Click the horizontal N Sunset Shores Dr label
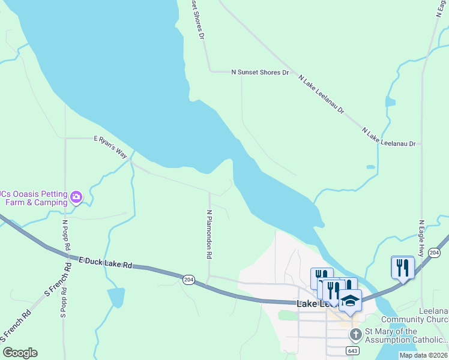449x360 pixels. (260, 72)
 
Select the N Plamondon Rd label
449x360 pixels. (209, 234)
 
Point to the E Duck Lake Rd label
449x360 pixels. (106, 263)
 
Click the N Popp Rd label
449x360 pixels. (66, 234)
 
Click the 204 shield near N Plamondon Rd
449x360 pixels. (188, 281)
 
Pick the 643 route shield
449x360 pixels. (354, 350)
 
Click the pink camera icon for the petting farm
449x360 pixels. (76, 197)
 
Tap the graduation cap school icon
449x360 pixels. (350, 299)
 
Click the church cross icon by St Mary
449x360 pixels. (355, 333)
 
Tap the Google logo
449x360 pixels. (20, 353)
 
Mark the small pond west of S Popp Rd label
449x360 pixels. (116, 297)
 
